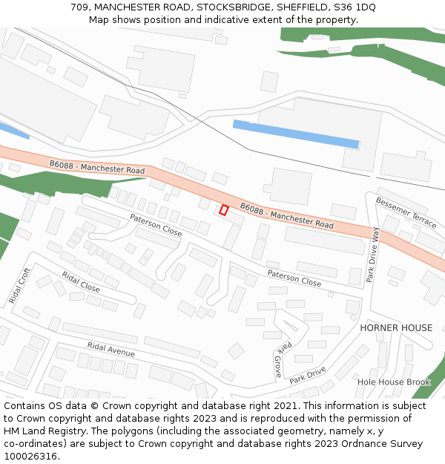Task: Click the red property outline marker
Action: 223,210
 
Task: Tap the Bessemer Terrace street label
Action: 406,212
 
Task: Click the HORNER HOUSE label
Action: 396,327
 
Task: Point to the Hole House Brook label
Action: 394,382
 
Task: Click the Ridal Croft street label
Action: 19,286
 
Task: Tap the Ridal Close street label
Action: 81,281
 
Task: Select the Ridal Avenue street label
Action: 111,349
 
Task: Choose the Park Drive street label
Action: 308,374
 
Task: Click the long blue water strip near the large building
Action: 296,134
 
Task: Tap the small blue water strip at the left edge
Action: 14,131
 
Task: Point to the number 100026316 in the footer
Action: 30,456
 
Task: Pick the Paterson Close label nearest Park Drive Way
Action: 294,278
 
